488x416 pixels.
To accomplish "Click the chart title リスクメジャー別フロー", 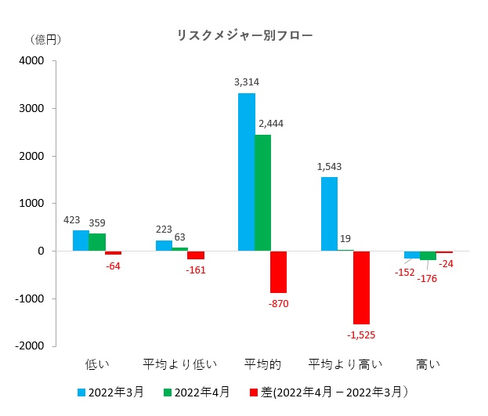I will pos(244,35).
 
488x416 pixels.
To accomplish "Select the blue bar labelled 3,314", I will pos(246,172).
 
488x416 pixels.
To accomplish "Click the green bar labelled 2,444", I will pos(262,193).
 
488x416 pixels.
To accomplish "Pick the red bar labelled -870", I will pos(278,272).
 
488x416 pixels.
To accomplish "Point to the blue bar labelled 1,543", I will pos(329,214).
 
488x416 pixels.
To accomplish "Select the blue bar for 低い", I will pos(81,241).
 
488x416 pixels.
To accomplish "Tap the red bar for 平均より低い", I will pos(196,255).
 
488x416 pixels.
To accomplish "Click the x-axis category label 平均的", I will pos(262,364).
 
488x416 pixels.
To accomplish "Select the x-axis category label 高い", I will pos(428,364).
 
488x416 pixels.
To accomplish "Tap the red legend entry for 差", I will pos(329,392).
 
